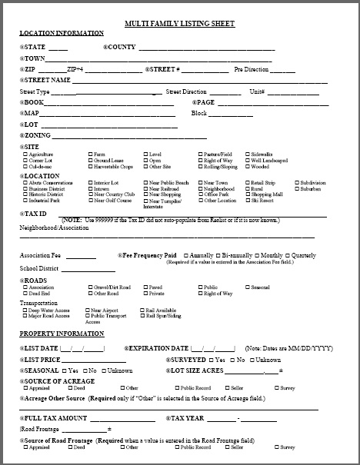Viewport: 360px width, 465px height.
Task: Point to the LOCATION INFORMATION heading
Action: click(x=62, y=33)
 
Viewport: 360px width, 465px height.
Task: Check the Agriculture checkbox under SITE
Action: click(x=25, y=154)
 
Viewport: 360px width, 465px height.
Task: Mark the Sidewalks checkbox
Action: click(x=248, y=154)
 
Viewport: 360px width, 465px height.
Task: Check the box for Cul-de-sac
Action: click(x=25, y=166)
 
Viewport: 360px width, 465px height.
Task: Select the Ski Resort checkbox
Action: click(x=248, y=201)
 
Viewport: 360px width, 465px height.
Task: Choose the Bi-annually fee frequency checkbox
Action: click(x=218, y=255)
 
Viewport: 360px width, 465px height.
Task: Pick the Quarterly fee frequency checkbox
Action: click(x=288, y=255)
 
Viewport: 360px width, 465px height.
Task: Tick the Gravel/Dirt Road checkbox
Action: click(x=91, y=287)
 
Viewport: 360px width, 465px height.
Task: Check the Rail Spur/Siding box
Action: click(x=142, y=316)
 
